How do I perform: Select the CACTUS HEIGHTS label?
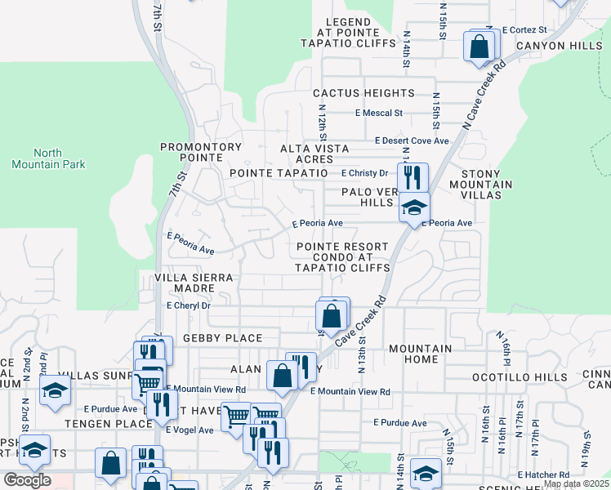pos(363,94)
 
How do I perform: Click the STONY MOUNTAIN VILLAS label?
pos(487,185)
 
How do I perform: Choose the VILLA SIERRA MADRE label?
pos(194,283)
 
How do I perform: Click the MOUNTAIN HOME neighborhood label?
pos(420,354)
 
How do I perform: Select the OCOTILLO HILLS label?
pos(520,377)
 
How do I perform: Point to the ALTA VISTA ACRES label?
pos(314,154)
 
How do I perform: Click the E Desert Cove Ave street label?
pos(413,140)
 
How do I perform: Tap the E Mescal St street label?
pos(379,113)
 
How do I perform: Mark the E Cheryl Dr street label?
pos(188,305)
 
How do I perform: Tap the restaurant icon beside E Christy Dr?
pos(413,177)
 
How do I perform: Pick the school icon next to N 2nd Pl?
pos(55,390)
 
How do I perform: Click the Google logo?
pos(27,480)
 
